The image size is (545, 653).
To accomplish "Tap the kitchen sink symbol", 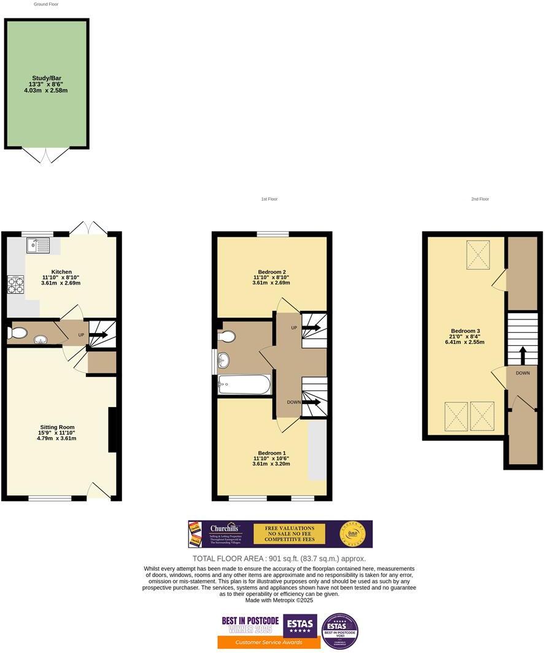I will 37,246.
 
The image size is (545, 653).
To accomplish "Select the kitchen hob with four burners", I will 15,285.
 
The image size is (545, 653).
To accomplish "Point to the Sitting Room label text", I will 57,427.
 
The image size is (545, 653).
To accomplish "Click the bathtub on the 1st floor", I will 244,385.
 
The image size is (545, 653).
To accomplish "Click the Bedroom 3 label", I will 465,332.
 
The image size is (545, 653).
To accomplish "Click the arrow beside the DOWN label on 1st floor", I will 311,402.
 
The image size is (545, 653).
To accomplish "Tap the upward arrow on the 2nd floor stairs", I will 523,355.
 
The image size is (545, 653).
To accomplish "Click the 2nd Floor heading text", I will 480,199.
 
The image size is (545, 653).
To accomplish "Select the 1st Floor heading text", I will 269,199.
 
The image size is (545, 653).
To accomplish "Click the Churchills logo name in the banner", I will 224,528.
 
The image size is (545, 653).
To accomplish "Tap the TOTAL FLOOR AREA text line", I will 279,559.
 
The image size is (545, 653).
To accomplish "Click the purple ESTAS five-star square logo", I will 300,625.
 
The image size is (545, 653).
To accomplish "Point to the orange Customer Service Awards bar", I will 269,642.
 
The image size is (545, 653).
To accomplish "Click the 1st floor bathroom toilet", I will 226,337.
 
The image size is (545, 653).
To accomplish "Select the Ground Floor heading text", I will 46,4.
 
